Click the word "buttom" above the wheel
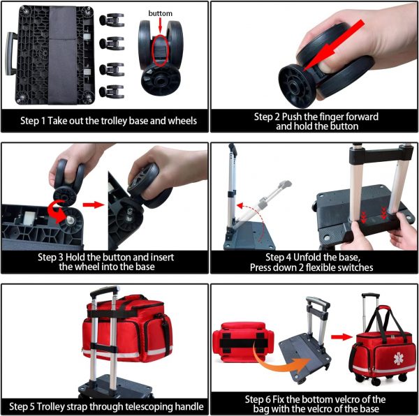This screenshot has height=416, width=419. click(x=160, y=13)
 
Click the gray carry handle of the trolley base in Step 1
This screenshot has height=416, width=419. click(x=10, y=54)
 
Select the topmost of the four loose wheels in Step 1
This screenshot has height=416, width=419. click(x=112, y=20)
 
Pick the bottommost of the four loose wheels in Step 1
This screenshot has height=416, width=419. click(x=112, y=91)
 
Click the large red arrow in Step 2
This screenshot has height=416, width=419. click(x=335, y=45)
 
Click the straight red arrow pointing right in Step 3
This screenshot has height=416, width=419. click(x=93, y=205)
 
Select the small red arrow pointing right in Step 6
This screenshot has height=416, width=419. click(x=341, y=337)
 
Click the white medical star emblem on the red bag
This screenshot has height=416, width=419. click(x=399, y=358)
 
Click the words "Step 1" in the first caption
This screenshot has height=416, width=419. click(x=33, y=121)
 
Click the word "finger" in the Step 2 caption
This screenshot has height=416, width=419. click(x=331, y=117)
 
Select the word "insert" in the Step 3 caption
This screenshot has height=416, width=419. click(x=162, y=257)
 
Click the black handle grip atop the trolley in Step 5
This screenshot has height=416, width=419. click(x=105, y=291)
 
